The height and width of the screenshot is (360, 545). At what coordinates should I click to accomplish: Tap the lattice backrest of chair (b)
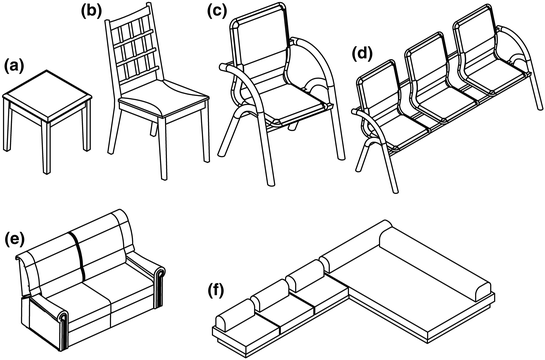134,62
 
